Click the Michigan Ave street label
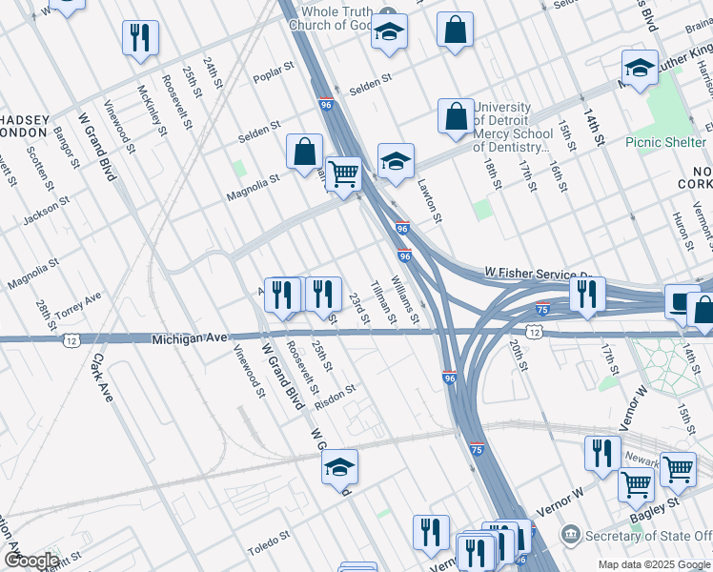[191, 338]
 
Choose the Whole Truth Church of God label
[328, 17]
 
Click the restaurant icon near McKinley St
[140, 38]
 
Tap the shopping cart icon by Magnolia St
[343, 174]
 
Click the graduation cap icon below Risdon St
[338, 468]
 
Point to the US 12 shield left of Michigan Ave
[71, 339]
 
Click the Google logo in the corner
[31, 560]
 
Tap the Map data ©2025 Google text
[654, 564]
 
